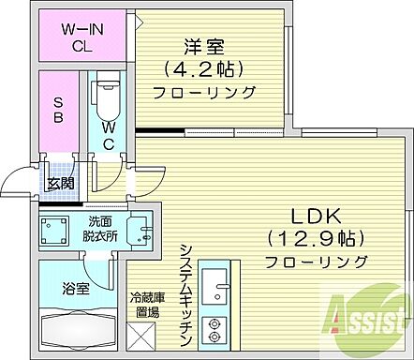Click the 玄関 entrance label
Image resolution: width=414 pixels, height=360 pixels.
[61, 184]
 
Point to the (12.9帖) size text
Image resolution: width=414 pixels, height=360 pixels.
[314, 237]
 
